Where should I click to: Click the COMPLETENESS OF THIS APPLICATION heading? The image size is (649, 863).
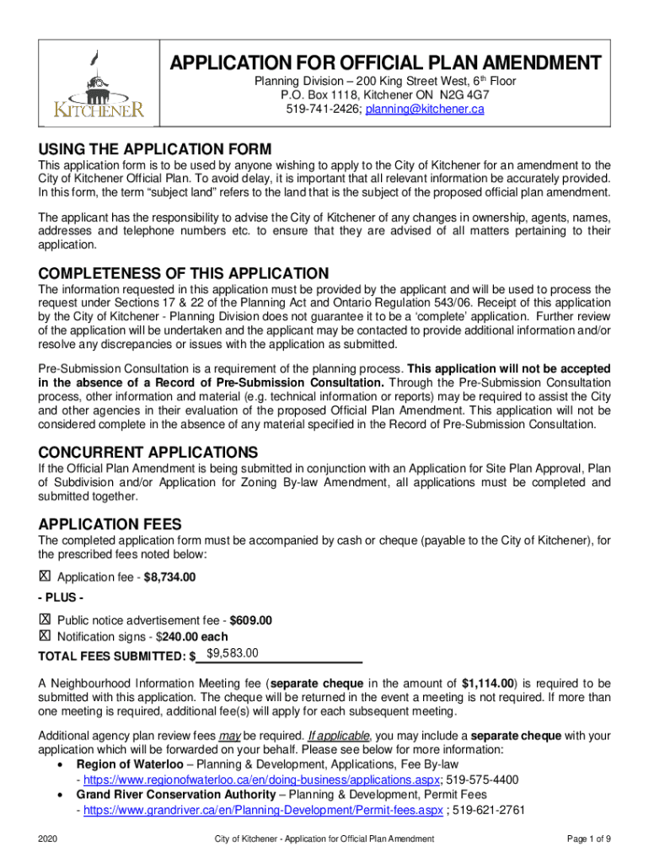[x=184, y=273]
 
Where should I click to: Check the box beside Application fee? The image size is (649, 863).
[x=45, y=576]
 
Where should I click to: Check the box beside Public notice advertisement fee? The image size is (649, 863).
[x=45, y=619]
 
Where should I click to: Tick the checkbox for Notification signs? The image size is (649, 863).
[x=45, y=635]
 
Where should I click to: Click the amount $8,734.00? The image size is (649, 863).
[x=170, y=577]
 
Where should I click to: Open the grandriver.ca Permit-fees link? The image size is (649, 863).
[x=262, y=810]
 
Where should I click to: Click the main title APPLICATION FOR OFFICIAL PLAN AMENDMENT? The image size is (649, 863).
[x=386, y=63]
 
